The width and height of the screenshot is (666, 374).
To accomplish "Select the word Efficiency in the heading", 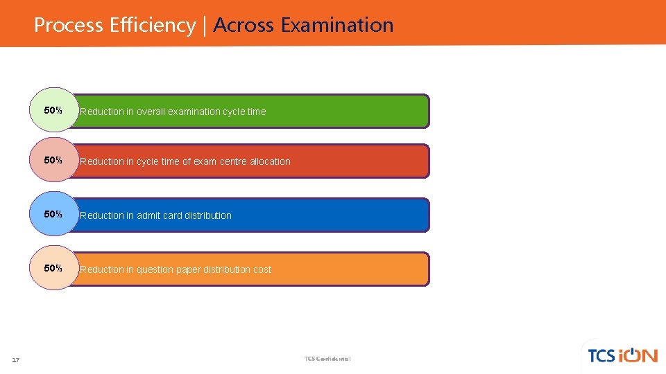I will tap(153, 26).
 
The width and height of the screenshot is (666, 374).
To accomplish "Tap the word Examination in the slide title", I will tap(337, 26).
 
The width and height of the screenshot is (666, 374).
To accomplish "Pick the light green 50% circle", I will tap(53, 110).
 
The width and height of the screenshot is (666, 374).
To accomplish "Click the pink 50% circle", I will tap(53, 160).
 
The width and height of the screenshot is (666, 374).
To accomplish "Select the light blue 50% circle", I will tap(53, 214).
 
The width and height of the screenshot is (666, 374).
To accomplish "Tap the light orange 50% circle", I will tap(53, 268).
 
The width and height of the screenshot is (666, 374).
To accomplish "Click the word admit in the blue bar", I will tap(148, 215).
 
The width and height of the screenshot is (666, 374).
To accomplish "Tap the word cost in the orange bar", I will tap(262, 269).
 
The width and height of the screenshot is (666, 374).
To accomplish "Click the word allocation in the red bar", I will tap(271, 161).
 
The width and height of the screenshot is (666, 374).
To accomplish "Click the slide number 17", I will tap(16, 359).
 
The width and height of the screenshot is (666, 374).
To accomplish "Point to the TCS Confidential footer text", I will tap(327, 359).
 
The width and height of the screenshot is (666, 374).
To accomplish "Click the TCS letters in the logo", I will tap(601, 356).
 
